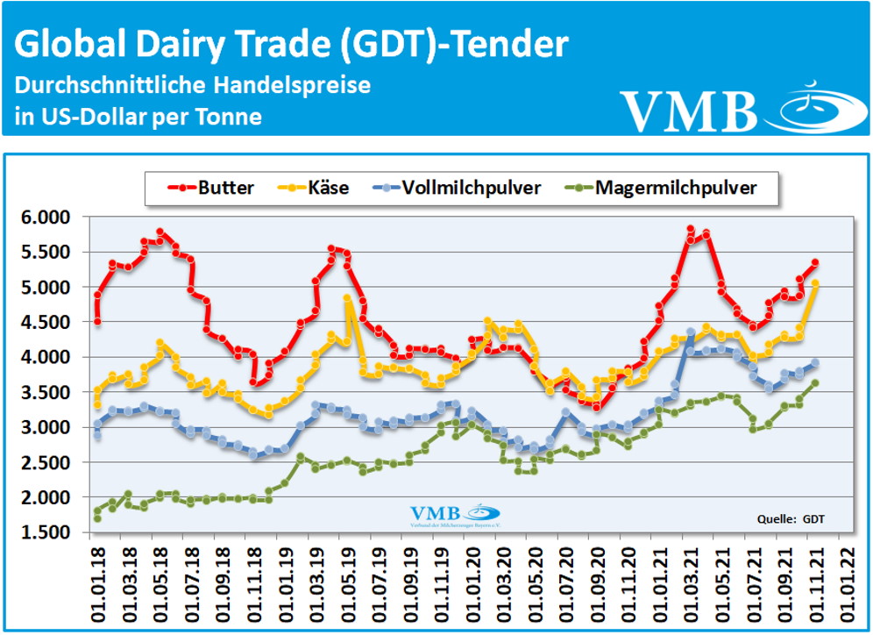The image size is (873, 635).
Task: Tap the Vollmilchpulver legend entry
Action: (x=458, y=187)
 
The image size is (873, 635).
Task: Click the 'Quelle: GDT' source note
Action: (x=791, y=519)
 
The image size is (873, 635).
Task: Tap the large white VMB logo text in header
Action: (x=690, y=109)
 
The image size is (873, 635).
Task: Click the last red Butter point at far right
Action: (x=814, y=262)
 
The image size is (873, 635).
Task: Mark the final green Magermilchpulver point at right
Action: (x=814, y=382)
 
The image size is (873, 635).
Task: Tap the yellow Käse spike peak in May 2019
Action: (x=347, y=298)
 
